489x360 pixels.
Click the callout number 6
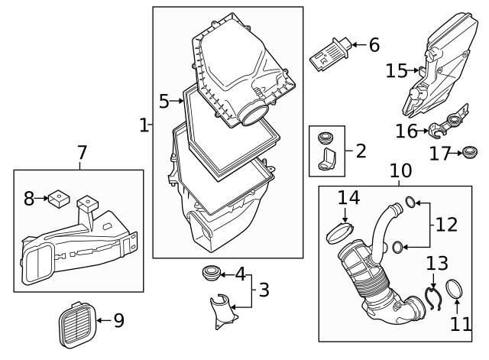pos(374,45)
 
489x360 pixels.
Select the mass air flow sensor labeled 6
pos(331,54)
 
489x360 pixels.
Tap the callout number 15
pos(397,71)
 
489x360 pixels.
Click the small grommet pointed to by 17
pos(469,152)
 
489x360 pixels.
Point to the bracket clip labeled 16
pos(448,122)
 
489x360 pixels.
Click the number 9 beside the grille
pos(119,320)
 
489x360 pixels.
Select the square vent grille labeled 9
pos(77,325)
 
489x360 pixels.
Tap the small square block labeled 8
pos(59,199)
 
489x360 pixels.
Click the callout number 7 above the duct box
pos(82,153)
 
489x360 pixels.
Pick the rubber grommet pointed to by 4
pos(211,273)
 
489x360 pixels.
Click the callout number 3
pos(264,290)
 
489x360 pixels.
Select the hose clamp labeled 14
pos(340,233)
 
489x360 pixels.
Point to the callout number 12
pos(446,225)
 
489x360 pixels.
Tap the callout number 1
pos(144,125)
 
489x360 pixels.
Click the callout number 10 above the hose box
pos(400,170)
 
